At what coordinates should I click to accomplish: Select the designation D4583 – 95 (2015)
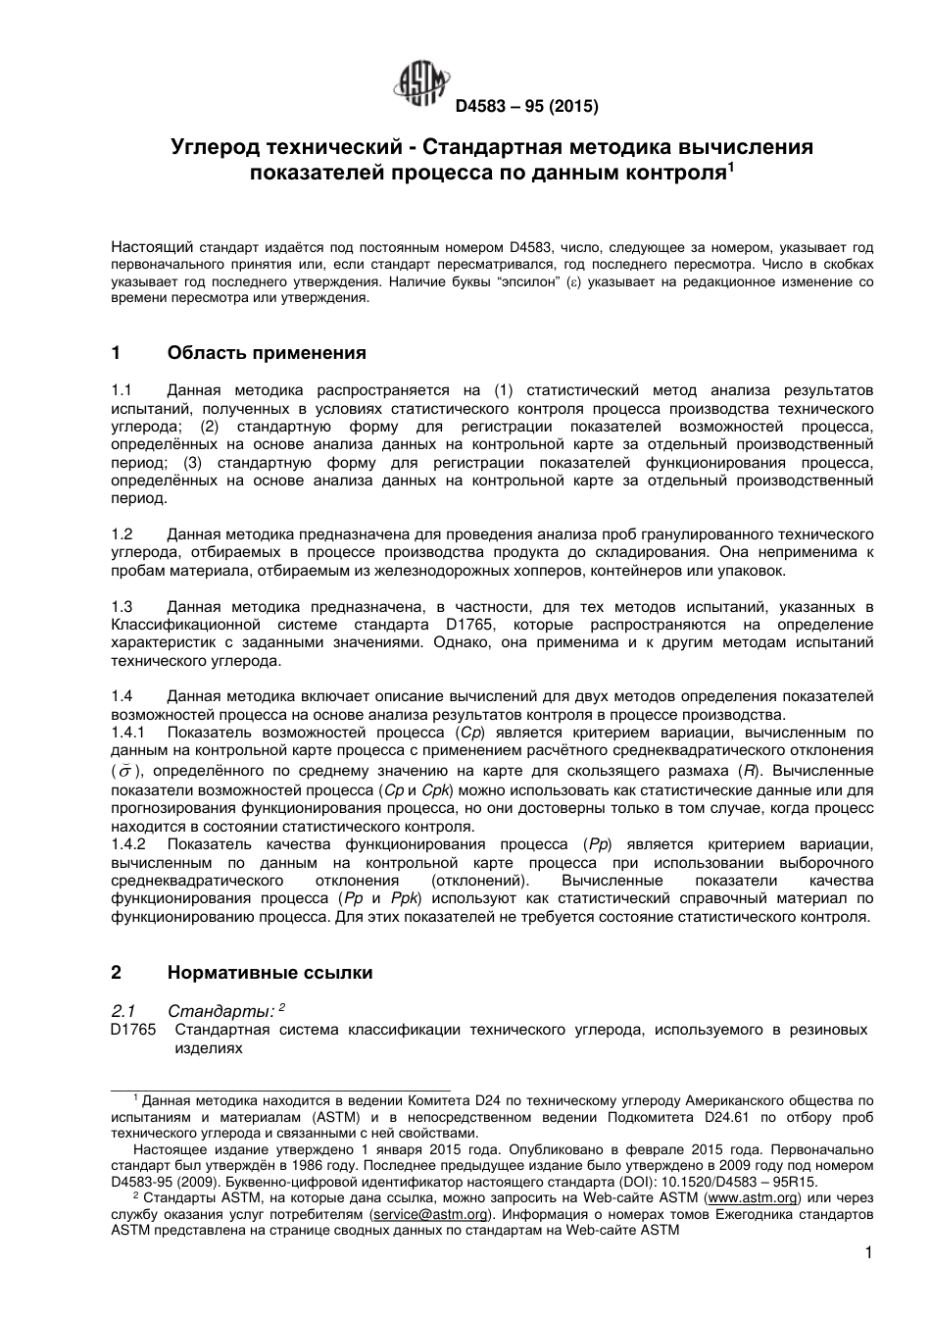click(526, 106)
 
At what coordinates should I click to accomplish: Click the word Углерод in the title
click(212, 148)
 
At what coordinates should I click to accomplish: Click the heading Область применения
click(267, 353)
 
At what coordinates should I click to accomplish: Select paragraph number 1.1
click(122, 390)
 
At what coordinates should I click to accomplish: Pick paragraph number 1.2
click(122, 534)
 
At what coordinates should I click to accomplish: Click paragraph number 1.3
click(122, 607)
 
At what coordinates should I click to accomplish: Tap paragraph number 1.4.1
click(128, 733)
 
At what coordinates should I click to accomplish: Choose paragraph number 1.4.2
click(128, 844)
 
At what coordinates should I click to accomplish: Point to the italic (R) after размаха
click(750, 770)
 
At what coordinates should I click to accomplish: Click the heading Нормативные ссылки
click(270, 973)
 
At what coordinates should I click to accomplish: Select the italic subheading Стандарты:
click(221, 1011)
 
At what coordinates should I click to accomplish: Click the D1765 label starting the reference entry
click(132, 1030)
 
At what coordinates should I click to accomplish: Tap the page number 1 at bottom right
click(868, 1252)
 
